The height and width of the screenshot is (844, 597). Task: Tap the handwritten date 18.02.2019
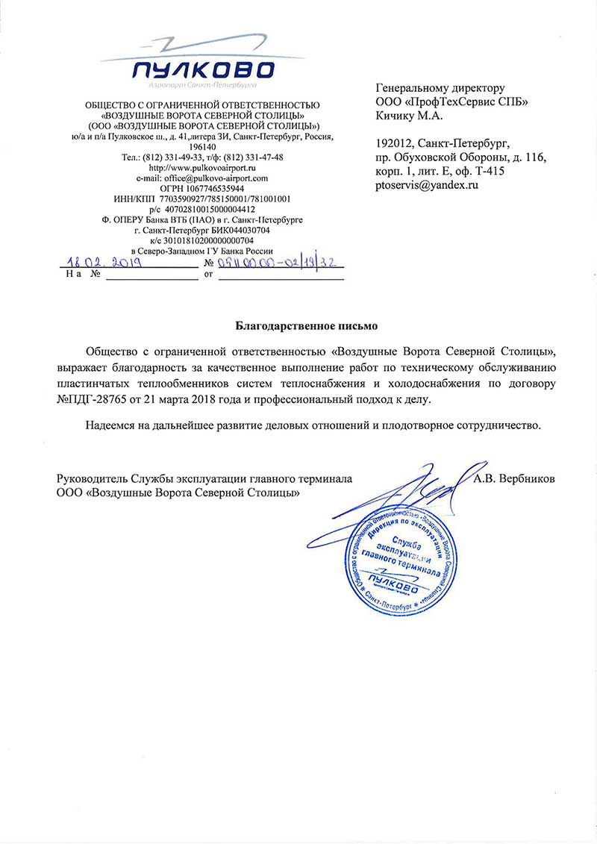click(100, 263)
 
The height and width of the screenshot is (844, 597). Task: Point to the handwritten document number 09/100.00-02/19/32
click(278, 263)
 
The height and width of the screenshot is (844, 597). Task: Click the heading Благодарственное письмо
click(307, 326)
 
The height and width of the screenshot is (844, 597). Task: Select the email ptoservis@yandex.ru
click(427, 184)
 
